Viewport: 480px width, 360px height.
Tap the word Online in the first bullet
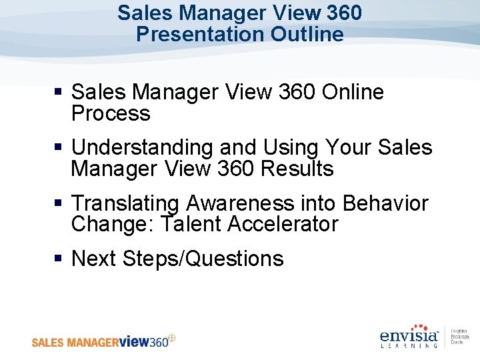(353, 92)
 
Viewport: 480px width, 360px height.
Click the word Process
(111, 113)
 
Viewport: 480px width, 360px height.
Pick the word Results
(297, 169)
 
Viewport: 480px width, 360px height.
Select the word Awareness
(240, 203)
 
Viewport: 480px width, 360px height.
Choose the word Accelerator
(283, 224)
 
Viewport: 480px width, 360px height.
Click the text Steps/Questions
(203, 258)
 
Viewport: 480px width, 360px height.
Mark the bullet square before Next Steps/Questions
(59, 259)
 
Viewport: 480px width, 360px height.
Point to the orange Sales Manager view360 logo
(103, 341)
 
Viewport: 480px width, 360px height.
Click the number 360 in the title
(345, 13)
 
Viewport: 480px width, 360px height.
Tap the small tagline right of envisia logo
(459, 337)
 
